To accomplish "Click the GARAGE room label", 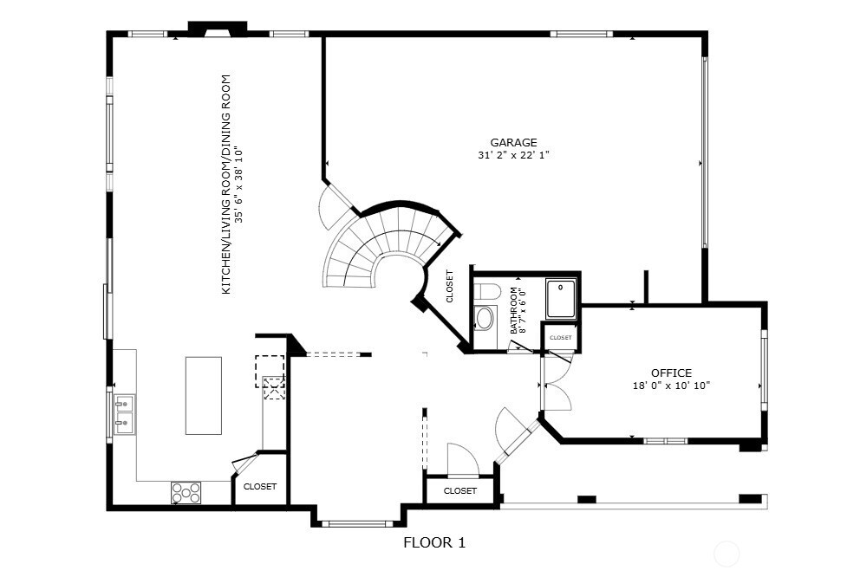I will coord(513,143).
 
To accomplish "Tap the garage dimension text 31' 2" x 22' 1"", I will coord(513,156).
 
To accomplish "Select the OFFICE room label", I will coord(671,373).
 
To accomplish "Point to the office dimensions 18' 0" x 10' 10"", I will coord(671,386).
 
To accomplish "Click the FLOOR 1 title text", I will coord(434,543).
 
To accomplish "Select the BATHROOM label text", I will coord(514,310).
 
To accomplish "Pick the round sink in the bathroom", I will coord(484,319).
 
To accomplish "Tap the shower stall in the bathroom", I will coord(561,297).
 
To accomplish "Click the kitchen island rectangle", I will coord(203,396).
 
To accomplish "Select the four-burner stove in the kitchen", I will coord(186,492).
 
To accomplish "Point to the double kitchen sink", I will coord(124,413).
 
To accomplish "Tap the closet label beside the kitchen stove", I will coord(259,487).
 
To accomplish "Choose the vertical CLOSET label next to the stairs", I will coord(449,286).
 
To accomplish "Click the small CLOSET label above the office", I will coord(561,338).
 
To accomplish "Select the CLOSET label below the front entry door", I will coord(459,491).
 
